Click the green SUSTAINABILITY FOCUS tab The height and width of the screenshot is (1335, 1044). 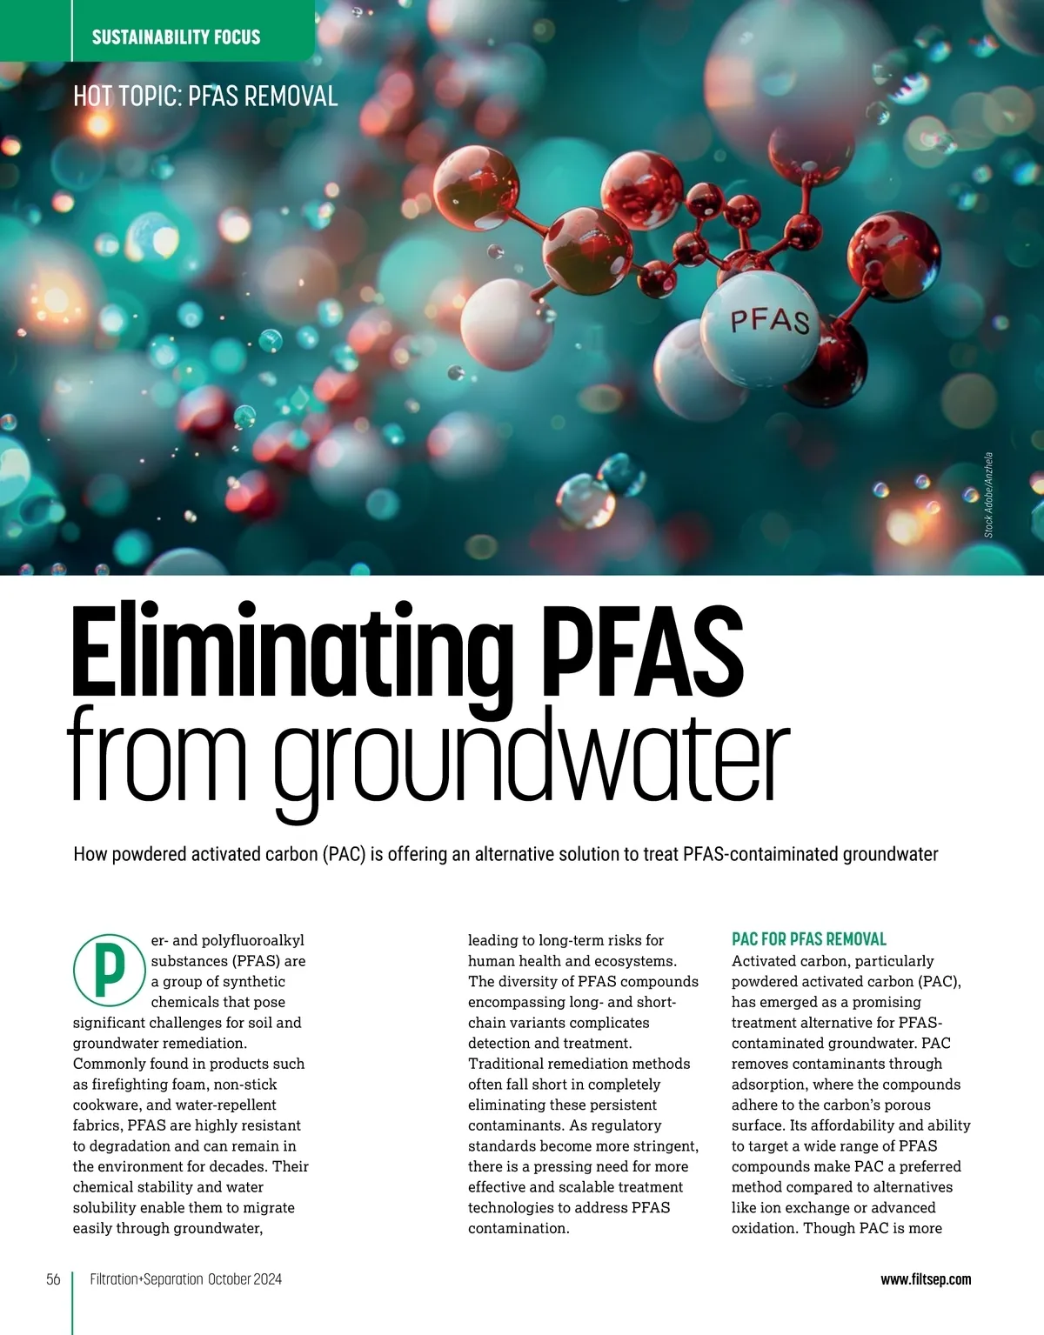(176, 37)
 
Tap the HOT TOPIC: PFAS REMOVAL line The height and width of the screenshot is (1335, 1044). (205, 96)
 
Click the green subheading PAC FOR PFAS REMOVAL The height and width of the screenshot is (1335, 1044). (809, 939)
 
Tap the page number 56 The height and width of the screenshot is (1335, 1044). (53, 1279)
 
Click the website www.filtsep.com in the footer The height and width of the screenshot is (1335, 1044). (926, 1279)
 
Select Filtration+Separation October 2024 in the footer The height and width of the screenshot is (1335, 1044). (186, 1279)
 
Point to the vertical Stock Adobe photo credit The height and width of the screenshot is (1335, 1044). (989, 495)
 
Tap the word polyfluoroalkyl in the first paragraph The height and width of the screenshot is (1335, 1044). (253, 940)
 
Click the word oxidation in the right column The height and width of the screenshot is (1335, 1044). (764, 1228)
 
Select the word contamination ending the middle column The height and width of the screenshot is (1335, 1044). (517, 1228)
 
